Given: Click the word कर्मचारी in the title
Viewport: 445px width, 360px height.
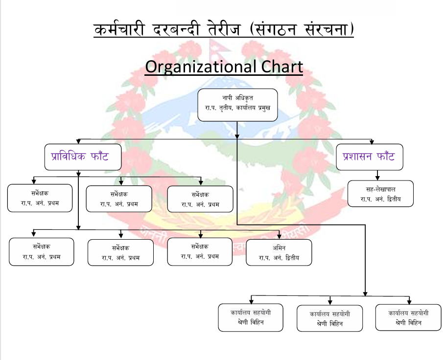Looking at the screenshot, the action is tap(119, 29).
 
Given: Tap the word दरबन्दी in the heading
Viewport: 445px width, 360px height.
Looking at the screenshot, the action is tap(176, 29).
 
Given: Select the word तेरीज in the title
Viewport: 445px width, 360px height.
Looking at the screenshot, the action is tap(224, 29).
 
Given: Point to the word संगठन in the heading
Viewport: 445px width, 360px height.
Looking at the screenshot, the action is tap(273, 29).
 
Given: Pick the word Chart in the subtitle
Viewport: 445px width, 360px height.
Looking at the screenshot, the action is tap(282, 67).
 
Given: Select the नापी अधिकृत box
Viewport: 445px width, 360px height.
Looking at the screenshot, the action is tap(237, 105).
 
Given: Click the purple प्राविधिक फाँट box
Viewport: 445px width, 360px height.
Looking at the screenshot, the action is tap(83, 157).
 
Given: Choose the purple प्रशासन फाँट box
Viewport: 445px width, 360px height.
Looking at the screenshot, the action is tap(370, 157).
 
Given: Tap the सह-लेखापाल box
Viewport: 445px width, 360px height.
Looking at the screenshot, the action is tap(380, 193).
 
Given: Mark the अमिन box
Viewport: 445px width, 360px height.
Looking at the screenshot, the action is tap(279, 252).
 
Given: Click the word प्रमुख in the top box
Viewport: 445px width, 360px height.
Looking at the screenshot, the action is tap(264, 108).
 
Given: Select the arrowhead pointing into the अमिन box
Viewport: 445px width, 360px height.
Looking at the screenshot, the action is tap(279, 236).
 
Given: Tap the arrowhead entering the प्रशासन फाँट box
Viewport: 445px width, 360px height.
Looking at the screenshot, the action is tap(372, 142).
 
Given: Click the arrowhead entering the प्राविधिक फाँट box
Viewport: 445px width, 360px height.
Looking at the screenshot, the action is tap(79, 142).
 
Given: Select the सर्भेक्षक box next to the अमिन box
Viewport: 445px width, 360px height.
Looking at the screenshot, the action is tap(200, 252).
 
